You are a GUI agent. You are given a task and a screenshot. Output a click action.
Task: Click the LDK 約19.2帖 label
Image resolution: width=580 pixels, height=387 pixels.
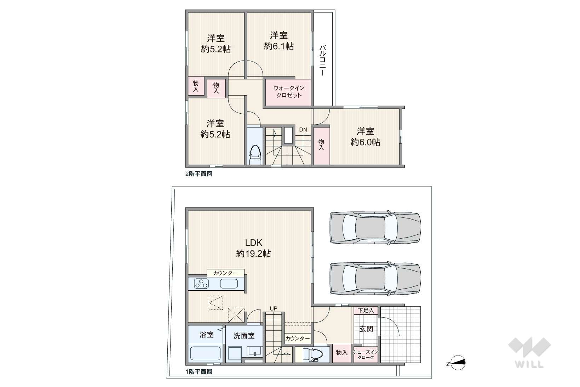tap(253, 248)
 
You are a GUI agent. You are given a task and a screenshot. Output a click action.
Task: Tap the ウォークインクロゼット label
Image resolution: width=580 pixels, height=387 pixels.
tap(289, 92)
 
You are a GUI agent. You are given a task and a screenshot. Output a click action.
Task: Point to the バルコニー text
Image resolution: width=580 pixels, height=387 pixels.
tap(322, 61)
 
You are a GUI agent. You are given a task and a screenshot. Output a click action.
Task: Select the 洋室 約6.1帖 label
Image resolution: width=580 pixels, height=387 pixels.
tap(279, 41)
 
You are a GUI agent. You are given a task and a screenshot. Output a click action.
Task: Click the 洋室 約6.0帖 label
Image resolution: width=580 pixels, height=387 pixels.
tap(365, 137)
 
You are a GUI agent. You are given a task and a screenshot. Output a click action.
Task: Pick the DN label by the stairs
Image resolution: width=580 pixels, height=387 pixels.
tap(303, 130)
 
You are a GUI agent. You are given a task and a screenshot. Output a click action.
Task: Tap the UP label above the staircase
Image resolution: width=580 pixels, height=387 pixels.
tap(274, 308)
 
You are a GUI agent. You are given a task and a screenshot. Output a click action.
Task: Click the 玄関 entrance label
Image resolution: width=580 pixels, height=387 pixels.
tap(366, 329)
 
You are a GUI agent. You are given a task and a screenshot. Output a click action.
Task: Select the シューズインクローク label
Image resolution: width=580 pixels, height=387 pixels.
tap(366, 355)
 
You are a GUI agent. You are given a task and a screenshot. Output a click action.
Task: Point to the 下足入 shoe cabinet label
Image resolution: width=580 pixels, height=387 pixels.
tap(366, 310)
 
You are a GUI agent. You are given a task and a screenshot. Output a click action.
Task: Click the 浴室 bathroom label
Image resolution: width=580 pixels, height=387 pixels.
tap(206, 335)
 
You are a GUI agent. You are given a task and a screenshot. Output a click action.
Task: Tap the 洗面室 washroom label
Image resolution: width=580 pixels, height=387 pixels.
tap(244, 336)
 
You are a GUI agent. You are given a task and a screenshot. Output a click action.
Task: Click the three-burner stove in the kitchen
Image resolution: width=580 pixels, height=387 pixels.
tap(201, 284)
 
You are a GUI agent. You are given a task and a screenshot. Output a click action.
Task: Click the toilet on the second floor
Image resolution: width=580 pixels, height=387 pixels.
tap(255, 155)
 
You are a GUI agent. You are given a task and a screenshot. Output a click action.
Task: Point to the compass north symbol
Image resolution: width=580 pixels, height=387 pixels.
tap(457, 363)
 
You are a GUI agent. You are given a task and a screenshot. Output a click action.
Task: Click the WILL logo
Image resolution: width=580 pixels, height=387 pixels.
tap(529, 353)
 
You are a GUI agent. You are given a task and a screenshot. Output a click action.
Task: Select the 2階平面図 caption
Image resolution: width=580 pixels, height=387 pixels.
tap(199, 174)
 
